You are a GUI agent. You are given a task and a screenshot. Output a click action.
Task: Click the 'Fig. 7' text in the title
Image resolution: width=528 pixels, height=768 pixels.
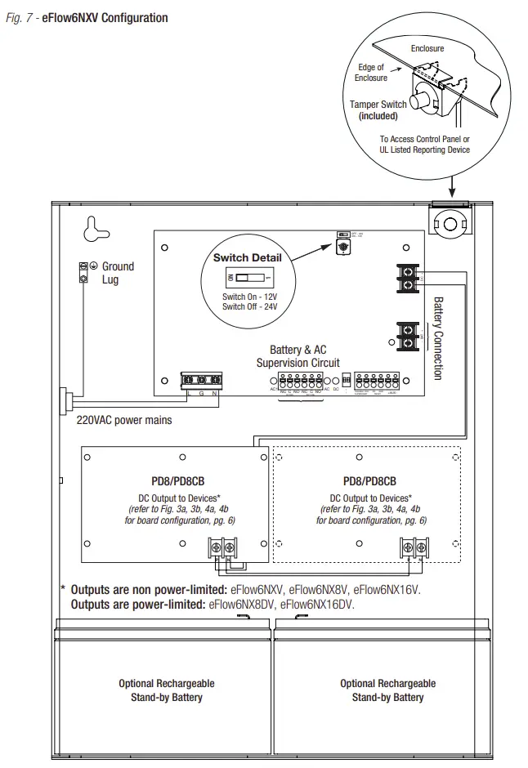coord(20,18)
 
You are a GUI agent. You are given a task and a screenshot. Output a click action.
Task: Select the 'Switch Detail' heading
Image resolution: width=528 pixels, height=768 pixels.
coord(242,258)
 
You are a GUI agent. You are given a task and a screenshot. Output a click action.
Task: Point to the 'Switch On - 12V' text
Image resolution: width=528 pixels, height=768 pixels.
coord(250,297)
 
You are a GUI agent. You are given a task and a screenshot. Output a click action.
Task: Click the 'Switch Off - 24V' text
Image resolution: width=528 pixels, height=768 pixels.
coord(250,306)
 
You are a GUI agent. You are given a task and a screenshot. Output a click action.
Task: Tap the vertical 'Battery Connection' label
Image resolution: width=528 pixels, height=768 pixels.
coord(437,337)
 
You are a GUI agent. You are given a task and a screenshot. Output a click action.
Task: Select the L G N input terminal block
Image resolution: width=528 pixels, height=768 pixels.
coord(201,381)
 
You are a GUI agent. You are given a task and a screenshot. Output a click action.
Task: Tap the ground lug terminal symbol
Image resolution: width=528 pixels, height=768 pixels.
coord(83,273)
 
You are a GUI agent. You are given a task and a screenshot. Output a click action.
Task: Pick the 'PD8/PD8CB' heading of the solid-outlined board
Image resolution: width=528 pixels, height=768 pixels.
coord(177,482)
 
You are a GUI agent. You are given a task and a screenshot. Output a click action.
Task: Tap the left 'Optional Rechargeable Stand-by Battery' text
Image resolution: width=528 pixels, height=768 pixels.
coord(167,690)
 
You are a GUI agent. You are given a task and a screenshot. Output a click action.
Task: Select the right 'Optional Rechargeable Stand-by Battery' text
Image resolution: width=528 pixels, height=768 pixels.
coord(388,690)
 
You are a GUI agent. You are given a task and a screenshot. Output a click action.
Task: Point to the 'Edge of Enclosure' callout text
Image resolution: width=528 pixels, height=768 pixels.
coord(371,73)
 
